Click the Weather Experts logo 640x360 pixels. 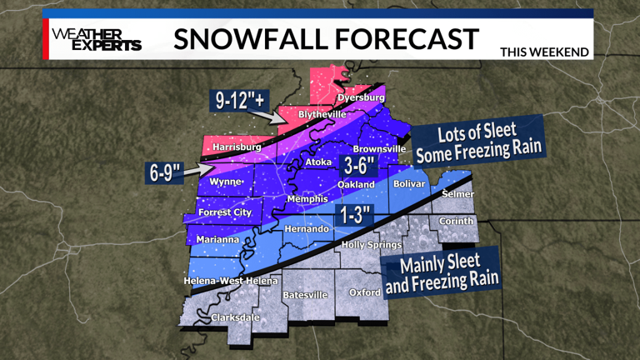[97, 39]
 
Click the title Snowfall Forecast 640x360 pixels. [327, 38]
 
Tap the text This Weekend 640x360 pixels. [544, 52]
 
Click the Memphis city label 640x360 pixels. [306, 200]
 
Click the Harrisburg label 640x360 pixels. [237, 147]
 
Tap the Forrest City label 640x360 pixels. [225, 212]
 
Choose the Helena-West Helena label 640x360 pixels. [230, 281]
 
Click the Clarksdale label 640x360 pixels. [234, 317]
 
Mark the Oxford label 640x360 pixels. [365, 292]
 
